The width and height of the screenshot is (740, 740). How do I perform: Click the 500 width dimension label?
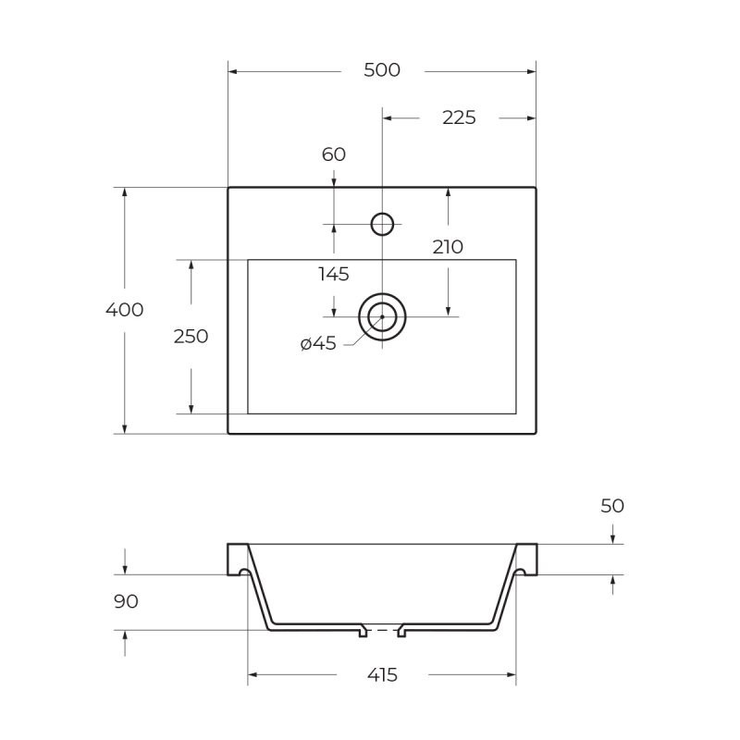(x=382, y=70)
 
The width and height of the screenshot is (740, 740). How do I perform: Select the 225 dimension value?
(x=459, y=118)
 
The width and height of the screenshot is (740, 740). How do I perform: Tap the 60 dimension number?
(x=334, y=154)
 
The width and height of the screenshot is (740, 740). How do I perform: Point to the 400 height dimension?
(x=125, y=310)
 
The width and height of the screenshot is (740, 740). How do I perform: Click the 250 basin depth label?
(x=191, y=337)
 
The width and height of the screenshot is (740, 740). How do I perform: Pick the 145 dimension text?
(x=334, y=274)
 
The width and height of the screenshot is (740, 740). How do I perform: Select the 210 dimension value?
(x=448, y=247)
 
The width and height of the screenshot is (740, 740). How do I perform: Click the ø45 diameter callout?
(x=318, y=343)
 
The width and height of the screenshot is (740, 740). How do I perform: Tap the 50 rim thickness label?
(x=612, y=506)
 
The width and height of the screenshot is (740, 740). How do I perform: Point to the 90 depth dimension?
(x=126, y=602)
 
